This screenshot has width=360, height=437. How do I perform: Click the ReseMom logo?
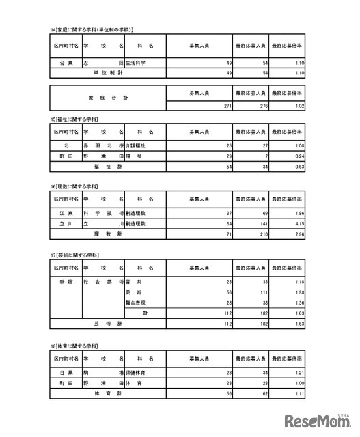(x=316, y=419)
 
